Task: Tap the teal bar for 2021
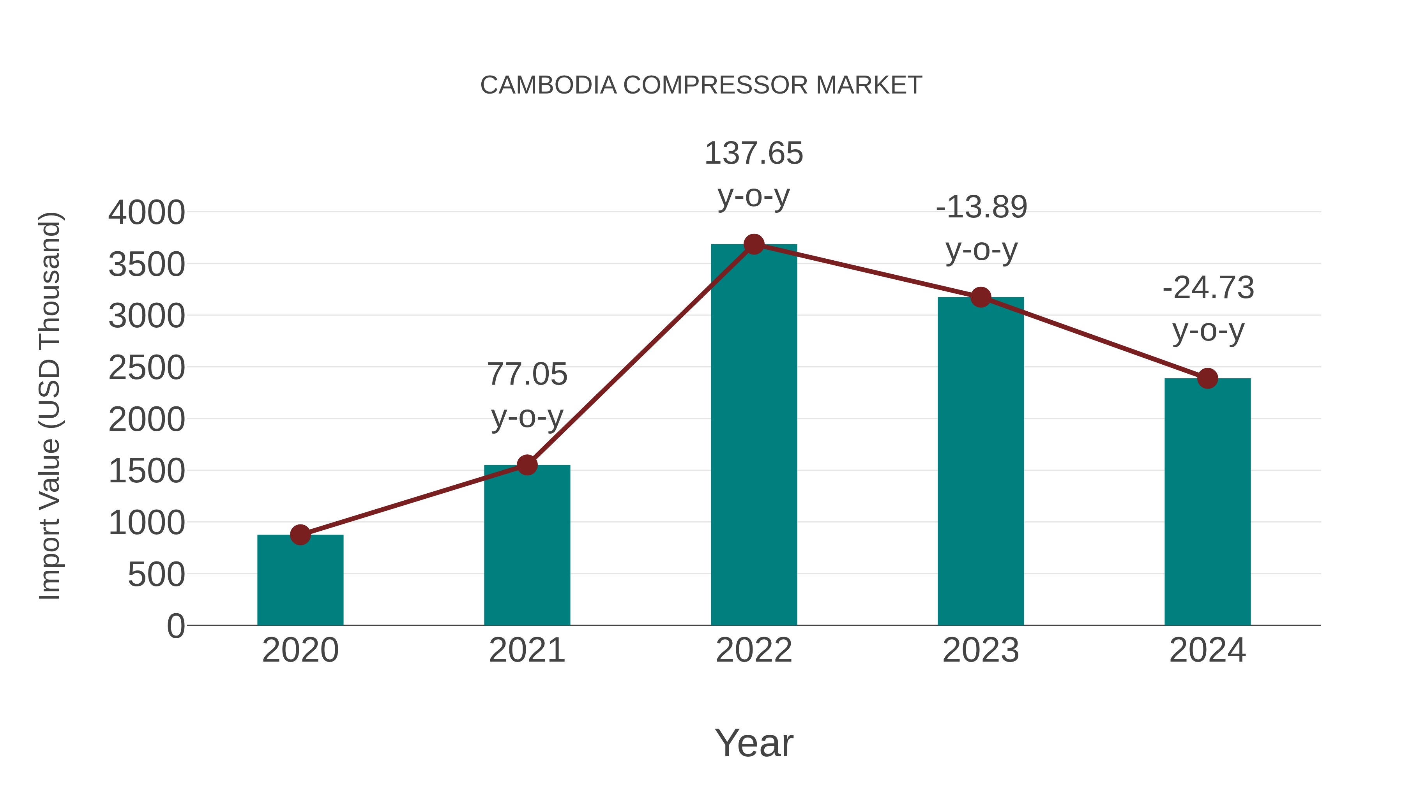[527, 545]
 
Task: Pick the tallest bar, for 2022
[753, 436]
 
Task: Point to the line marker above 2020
[300, 535]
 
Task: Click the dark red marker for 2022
[754, 244]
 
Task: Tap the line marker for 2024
[1207, 378]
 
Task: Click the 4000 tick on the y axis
[147, 212]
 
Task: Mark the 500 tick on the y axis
[156, 574]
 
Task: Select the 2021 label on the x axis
[527, 650]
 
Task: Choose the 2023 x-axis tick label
[981, 650]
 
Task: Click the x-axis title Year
[754, 743]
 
